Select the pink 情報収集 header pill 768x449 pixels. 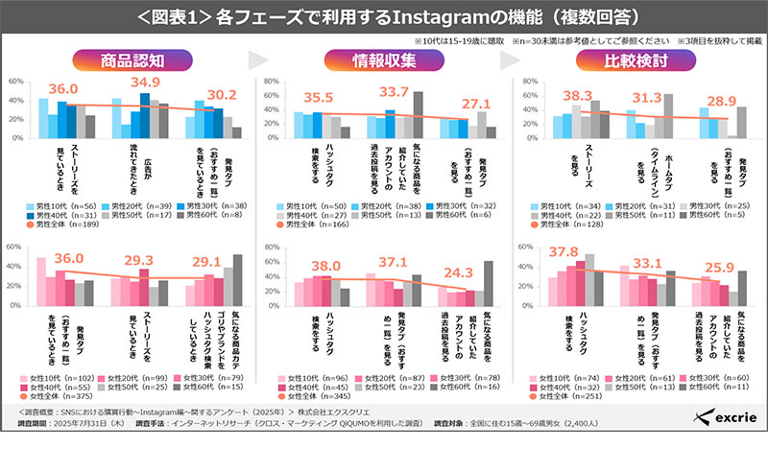coord(384,59)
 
